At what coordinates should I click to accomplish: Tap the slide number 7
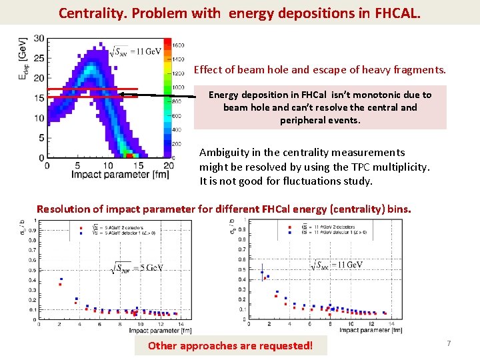point(449,343)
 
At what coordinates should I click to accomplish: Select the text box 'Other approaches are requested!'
point(230,345)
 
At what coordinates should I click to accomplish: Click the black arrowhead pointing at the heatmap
point(121,95)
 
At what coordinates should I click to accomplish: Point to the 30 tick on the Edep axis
point(39,38)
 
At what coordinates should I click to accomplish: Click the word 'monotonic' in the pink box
point(377,95)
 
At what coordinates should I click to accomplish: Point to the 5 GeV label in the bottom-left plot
point(137,268)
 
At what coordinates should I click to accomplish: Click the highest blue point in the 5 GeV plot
point(61,279)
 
